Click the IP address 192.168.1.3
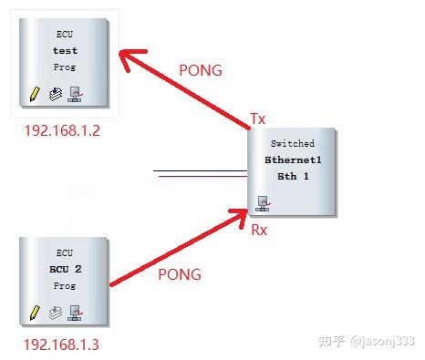click(62, 345)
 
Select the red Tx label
click(258, 119)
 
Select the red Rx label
click(259, 231)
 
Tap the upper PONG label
click(202, 69)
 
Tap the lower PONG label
click(179, 273)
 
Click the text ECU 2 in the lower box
click(66, 271)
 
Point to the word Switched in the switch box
click(293, 144)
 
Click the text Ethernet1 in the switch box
click(293, 159)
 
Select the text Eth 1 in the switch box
click(293, 175)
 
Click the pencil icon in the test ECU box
click(35, 94)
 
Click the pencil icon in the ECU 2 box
click(35, 313)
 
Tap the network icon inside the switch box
click(263, 202)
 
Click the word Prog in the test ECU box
click(65, 67)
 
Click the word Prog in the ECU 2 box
click(65, 286)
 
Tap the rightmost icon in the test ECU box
click(76, 94)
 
